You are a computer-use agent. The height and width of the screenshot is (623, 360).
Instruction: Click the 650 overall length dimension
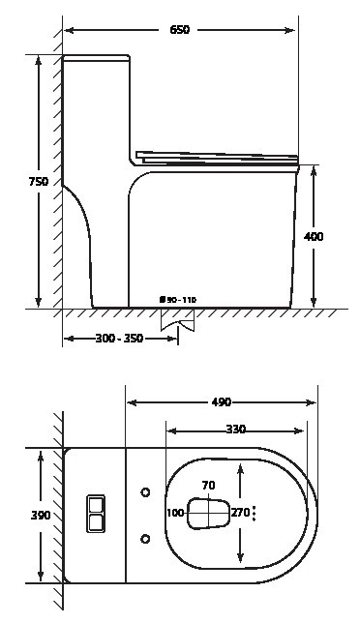pyautogui.click(x=180, y=30)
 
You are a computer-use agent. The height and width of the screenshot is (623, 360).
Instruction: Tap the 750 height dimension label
pyautogui.click(x=38, y=182)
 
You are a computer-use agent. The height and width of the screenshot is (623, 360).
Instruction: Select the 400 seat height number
pyautogui.click(x=314, y=237)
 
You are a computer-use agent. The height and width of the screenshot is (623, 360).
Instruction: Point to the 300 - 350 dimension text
pyautogui.click(x=119, y=339)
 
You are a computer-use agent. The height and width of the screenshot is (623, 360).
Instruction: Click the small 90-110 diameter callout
pyautogui.click(x=178, y=300)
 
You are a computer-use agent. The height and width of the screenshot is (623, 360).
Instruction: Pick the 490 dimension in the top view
pyautogui.click(x=221, y=402)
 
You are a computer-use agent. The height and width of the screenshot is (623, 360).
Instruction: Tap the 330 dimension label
pyautogui.click(x=236, y=430)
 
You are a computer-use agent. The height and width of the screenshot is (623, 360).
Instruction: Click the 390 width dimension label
pyautogui.click(x=41, y=516)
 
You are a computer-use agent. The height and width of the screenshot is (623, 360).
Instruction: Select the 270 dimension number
pyautogui.click(x=240, y=513)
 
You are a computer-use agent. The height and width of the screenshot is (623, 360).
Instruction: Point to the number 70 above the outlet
pyautogui.click(x=209, y=485)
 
